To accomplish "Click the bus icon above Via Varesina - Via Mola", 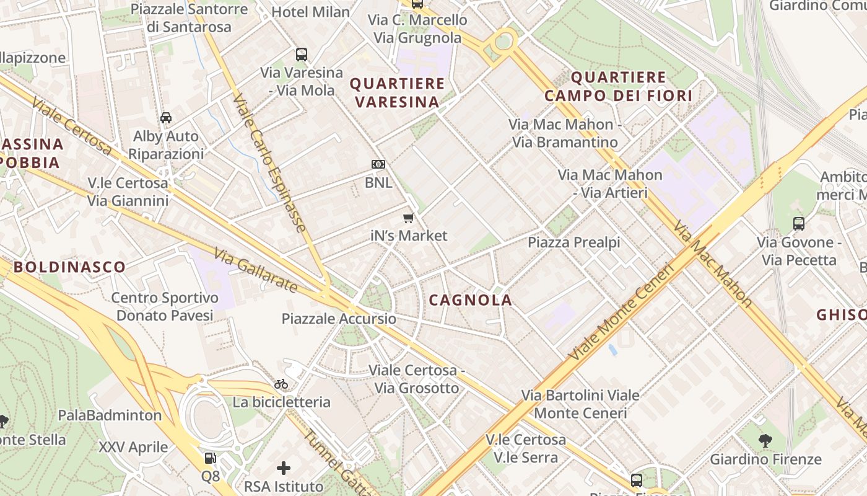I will click(302, 55).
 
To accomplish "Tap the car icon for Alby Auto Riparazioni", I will click(166, 118).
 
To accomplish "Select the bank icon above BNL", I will click(378, 164).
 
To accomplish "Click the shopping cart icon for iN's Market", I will click(408, 218).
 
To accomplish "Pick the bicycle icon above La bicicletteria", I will click(281, 384).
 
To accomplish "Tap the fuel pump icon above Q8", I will click(211, 458).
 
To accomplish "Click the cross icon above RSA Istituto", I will click(284, 468).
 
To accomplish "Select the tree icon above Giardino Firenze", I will click(765, 441).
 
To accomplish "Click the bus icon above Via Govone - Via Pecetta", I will click(799, 224).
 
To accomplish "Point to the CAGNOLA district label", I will click(471, 300).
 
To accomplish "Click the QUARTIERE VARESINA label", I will click(397, 92).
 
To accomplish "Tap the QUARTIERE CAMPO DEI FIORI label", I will click(618, 86).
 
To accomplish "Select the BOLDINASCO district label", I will click(69, 267).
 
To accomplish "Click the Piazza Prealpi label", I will click(573, 242).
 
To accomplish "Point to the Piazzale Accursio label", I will click(339, 319).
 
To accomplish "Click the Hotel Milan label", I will click(310, 12).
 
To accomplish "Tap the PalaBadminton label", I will click(110, 415).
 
